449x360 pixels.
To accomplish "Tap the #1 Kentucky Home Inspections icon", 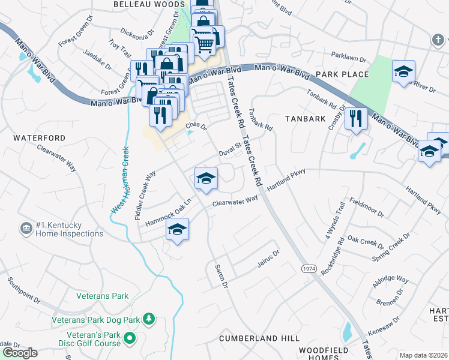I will (x=26, y=229).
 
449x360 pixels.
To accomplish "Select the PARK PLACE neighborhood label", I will (x=342, y=74).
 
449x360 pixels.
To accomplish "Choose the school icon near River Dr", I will (x=403, y=71).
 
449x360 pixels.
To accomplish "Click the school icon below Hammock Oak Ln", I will (x=177, y=230).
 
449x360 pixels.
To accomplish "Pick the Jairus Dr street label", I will (x=268, y=258).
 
